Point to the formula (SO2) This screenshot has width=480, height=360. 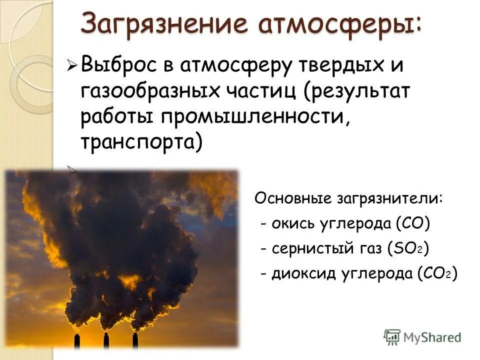point(407,248)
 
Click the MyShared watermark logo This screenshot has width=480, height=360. point(422,336)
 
